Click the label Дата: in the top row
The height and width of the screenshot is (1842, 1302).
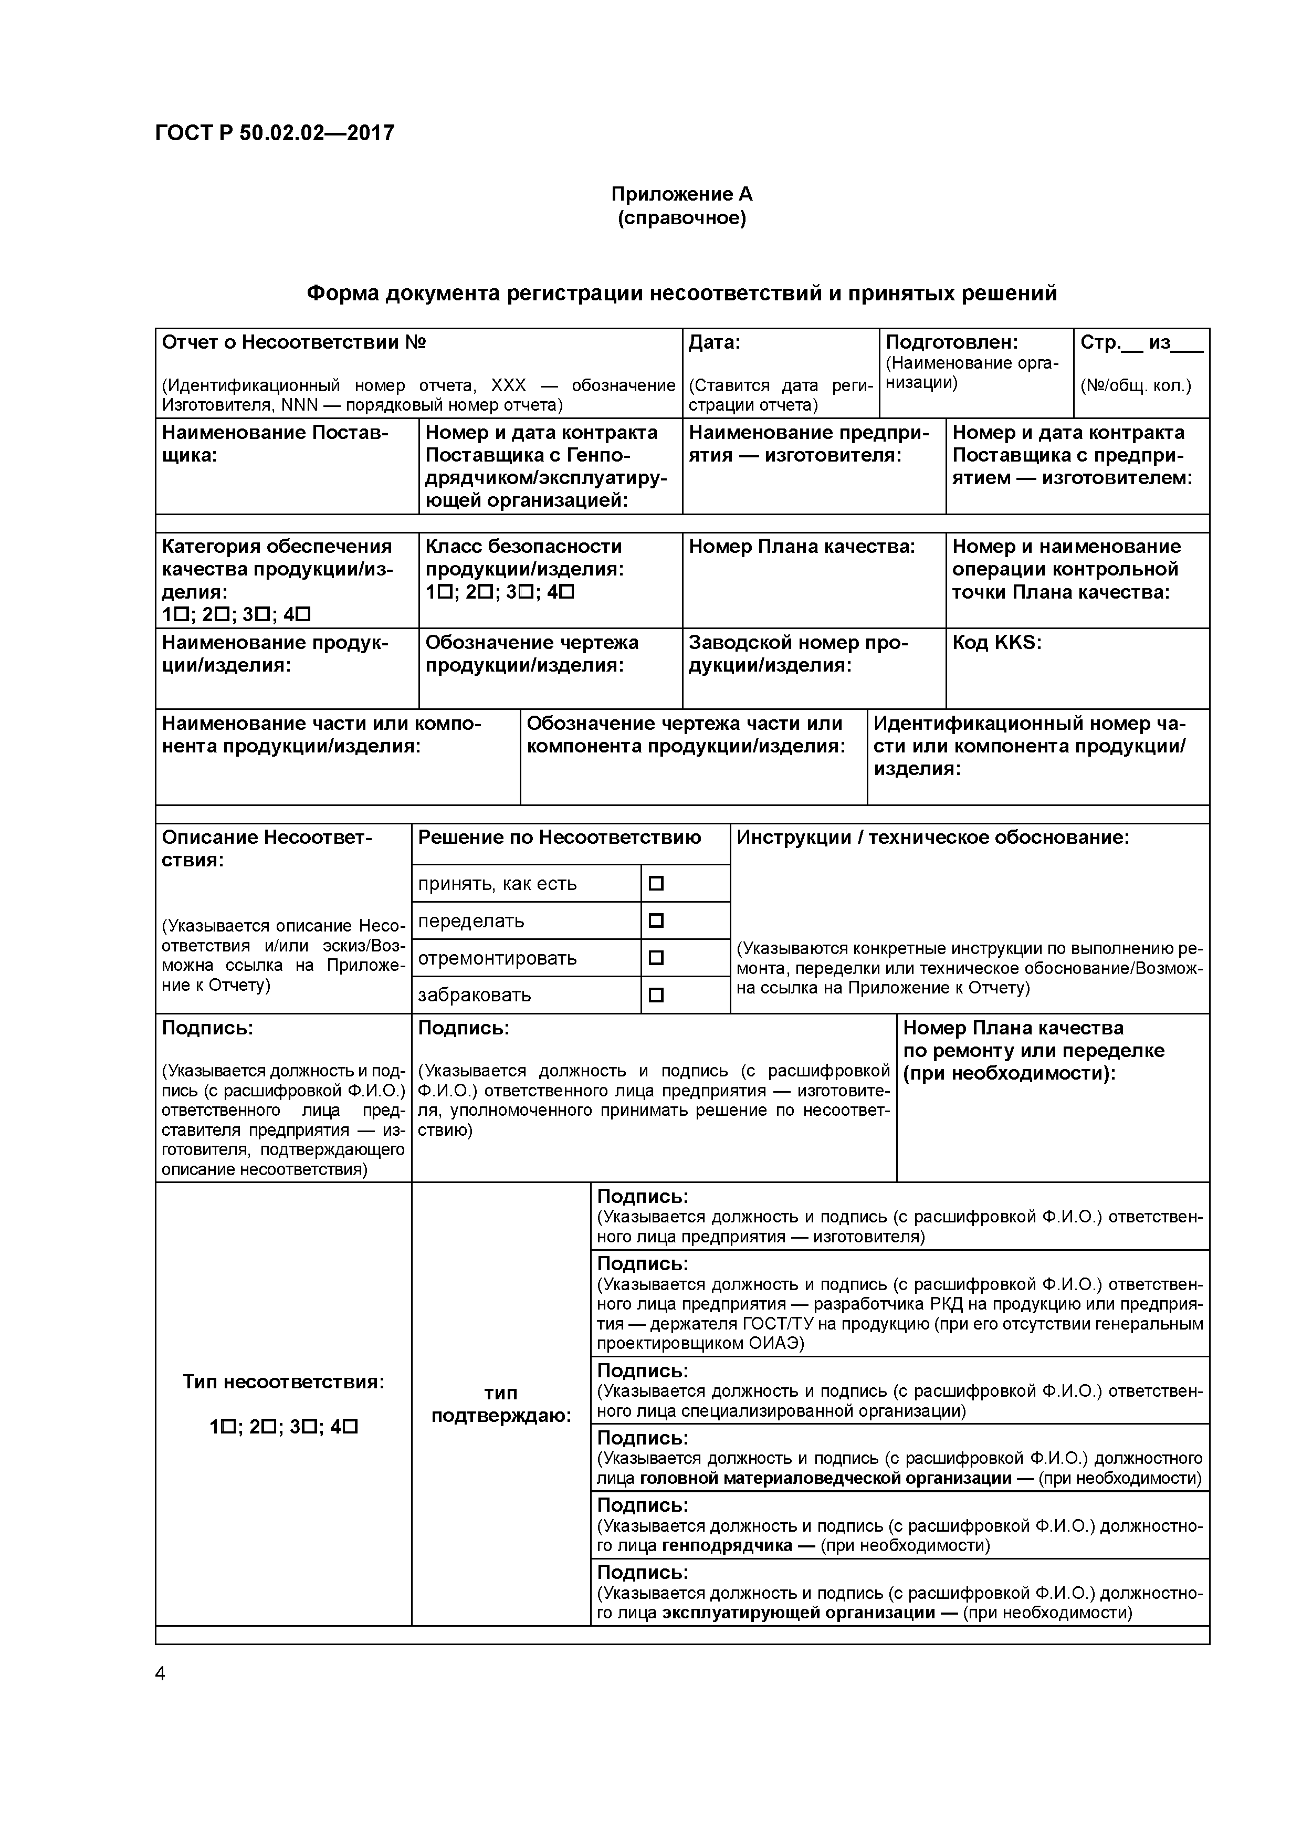click(x=714, y=342)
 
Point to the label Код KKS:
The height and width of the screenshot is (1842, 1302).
click(x=996, y=643)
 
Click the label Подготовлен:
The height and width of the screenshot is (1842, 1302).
click(x=951, y=342)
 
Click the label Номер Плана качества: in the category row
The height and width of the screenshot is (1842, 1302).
click(x=802, y=546)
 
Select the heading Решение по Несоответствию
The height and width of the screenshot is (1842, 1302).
click(x=559, y=838)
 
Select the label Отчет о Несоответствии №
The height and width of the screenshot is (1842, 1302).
click(x=293, y=342)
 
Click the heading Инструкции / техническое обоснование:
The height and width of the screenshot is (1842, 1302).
click(x=932, y=838)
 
